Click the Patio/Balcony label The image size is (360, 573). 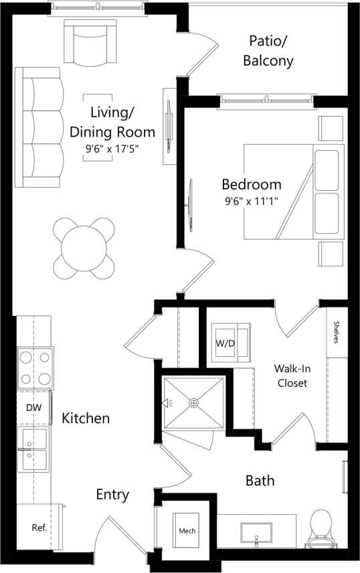pos(271,50)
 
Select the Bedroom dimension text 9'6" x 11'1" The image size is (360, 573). pos(252,200)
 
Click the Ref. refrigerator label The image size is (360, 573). pos(39,528)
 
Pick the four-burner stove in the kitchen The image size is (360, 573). pos(34,369)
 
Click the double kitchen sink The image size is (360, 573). pos(33,450)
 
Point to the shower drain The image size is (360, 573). pos(193,403)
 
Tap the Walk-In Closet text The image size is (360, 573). pos(291,376)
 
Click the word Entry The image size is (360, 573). pos(112,495)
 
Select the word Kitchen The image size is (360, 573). pos(86,418)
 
